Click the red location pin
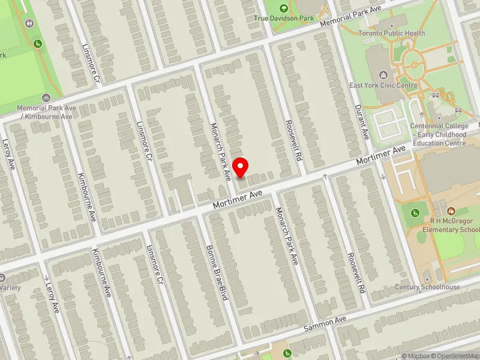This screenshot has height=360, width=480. tap(241, 167)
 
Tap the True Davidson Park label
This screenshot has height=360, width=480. tap(284, 19)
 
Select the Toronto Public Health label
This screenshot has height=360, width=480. tap(392, 34)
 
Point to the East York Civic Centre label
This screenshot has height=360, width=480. tap(383, 86)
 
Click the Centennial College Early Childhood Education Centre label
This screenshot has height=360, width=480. tap(439, 134)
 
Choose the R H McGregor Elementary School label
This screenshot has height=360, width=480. tap(451, 225)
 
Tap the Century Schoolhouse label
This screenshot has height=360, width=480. tap(427, 287)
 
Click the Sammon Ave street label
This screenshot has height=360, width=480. tap(325, 325)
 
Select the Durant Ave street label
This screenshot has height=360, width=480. tap(362, 122)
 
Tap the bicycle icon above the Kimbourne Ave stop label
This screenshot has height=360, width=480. tap(46, 97)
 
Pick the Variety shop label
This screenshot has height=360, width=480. tap(10, 287)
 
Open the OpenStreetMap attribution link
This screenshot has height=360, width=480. tap(458, 356)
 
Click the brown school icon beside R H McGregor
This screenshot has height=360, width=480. tap(451, 211)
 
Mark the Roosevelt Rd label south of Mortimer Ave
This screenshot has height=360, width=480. tap(355, 272)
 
